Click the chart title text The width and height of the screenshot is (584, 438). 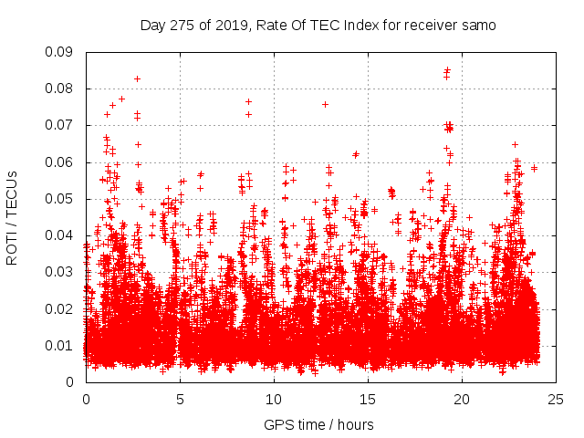point(318,26)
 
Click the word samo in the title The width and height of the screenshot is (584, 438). point(478,26)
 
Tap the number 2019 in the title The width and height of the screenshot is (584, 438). point(224,26)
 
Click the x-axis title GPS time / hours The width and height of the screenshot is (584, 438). point(318,424)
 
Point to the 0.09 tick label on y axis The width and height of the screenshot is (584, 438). point(61,52)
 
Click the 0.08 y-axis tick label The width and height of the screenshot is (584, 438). point(61,89)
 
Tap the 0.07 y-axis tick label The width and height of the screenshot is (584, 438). point(61,125)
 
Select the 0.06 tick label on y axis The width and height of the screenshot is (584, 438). point(61,162)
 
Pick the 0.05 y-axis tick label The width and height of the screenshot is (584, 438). point(61,199)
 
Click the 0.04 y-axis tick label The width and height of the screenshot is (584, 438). point(61,235)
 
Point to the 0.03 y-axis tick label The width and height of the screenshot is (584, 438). point(61,272)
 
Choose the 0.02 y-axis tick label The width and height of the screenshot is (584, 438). point(61,308)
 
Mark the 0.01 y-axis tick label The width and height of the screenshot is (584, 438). point(61,345)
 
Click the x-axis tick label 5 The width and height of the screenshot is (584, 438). point(180,400)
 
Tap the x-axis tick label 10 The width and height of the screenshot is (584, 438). point(274,400)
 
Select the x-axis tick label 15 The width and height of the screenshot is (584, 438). point(368,400)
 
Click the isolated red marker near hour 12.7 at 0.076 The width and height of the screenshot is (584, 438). point(325,104)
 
